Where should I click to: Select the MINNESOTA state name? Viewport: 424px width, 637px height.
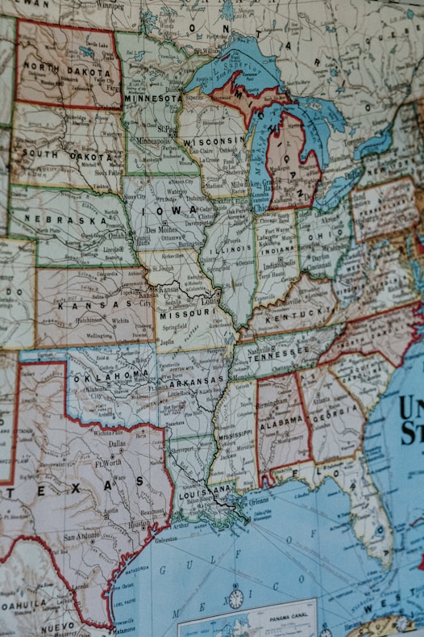tap(153, 98)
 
